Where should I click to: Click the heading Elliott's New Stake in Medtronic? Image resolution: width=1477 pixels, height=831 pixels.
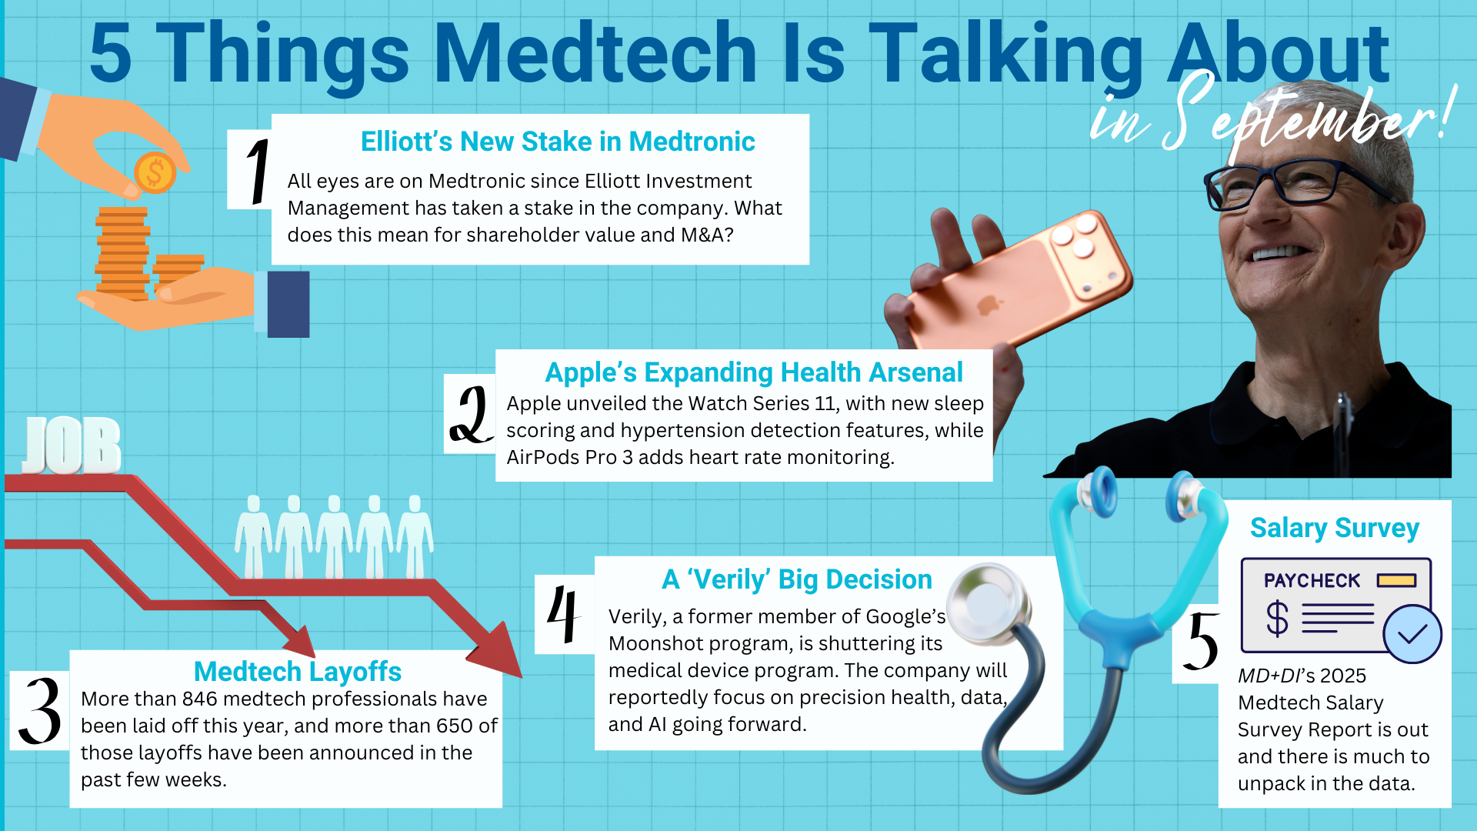tap(558, 142)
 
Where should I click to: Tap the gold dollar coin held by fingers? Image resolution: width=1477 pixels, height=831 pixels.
tap(155, 172)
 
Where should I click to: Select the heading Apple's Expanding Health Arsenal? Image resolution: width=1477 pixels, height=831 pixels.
tap(753, 372)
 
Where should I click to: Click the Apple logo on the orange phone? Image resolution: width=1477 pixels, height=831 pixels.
tap(985, 306)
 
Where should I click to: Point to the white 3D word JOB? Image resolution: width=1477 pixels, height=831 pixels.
tap(72, 446)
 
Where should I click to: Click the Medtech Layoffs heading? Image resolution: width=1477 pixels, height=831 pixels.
tap(297, 672)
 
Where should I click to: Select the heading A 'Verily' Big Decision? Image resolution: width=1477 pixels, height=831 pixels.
tap(796, 579)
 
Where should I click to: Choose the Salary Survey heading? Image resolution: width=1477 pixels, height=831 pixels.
tap(1334, 529)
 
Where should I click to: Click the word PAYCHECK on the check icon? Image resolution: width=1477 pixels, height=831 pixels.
tap(1312, 581)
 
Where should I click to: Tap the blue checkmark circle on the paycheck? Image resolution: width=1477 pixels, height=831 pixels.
tap(1412, 633)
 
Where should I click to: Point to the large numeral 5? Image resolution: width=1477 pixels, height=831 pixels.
tap(1202, 642)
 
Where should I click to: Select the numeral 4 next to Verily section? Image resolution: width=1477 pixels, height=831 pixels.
tap(563, 613)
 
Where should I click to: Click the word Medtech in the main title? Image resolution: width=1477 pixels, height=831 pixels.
tap(596, 54)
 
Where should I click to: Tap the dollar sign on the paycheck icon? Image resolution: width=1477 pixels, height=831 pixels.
tap(1277, 618)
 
